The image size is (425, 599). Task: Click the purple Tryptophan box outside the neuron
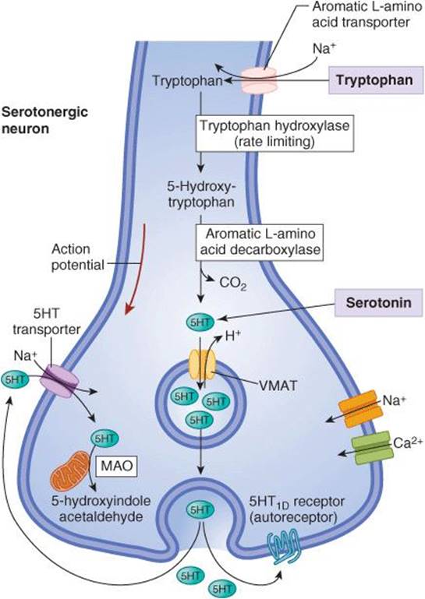click(x=374, y=80)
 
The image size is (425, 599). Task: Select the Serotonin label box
click(x=379, y=302)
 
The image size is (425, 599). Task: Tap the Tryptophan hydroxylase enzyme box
click(x=274, y=133)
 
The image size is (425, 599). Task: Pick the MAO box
click(x=116, y=466)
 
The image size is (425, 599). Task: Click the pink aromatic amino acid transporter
click(x=258, y=80)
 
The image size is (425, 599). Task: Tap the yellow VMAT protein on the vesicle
click(x=202, y=365)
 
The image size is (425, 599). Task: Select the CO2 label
click(x=233, y=284)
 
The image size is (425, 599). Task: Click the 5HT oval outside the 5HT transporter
click(x=15, y=379)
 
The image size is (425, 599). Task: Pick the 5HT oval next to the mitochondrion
click(x=104, y=439)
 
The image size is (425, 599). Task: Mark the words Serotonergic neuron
click(x=44, y=120)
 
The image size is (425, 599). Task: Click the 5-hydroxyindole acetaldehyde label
click(x=101, y=509)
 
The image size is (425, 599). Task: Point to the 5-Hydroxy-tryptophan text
click(x=201, y=193)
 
